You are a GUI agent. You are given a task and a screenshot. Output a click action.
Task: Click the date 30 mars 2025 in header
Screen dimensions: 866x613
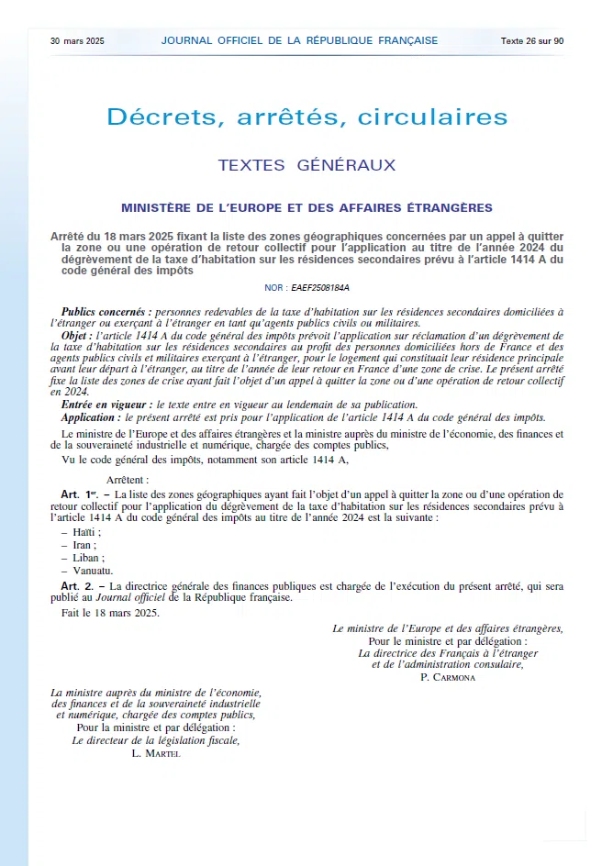[78, 41]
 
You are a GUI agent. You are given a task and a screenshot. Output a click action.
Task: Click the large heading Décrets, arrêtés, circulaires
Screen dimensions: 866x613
[306, 117]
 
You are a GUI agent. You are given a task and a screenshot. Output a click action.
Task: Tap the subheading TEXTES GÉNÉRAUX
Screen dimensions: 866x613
[306, 166]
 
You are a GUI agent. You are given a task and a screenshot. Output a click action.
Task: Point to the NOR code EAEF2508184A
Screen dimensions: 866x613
[319, 287]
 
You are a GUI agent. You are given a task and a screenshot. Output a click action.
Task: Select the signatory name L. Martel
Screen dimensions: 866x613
[156, 753]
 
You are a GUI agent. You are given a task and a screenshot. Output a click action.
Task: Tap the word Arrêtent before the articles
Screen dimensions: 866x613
[128, 480]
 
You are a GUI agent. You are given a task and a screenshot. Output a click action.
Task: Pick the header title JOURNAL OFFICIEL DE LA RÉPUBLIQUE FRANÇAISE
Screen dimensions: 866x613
[299, 40]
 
